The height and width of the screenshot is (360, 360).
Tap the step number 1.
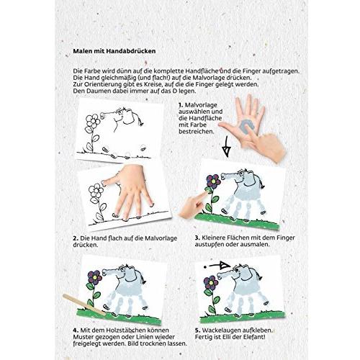[x=181, y=105]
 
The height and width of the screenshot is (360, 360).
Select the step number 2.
[x=76, y=238]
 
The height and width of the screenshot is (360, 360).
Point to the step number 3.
[x=197, y=238]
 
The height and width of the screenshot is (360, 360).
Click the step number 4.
[x=76, y=330]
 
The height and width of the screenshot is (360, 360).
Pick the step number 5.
[x=197, y=330]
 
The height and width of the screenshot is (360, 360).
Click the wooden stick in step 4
[x=84, y=305]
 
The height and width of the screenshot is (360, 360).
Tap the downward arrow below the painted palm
[x=226, y=147]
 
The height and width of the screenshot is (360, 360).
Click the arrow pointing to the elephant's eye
[x=217, y=266]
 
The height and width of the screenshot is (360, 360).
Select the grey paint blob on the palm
[x=245, y=127]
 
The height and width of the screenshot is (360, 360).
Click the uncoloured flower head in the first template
[x=92, y=122]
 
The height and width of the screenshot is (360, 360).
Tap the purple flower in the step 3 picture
[x=213, y=181]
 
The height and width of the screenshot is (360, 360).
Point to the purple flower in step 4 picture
[x=94, y=277]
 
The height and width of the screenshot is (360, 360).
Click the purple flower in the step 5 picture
[x=210, y=282]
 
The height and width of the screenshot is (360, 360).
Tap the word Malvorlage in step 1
[x=201, y=105]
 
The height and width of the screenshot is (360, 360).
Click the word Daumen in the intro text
[x=96, y=91]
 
